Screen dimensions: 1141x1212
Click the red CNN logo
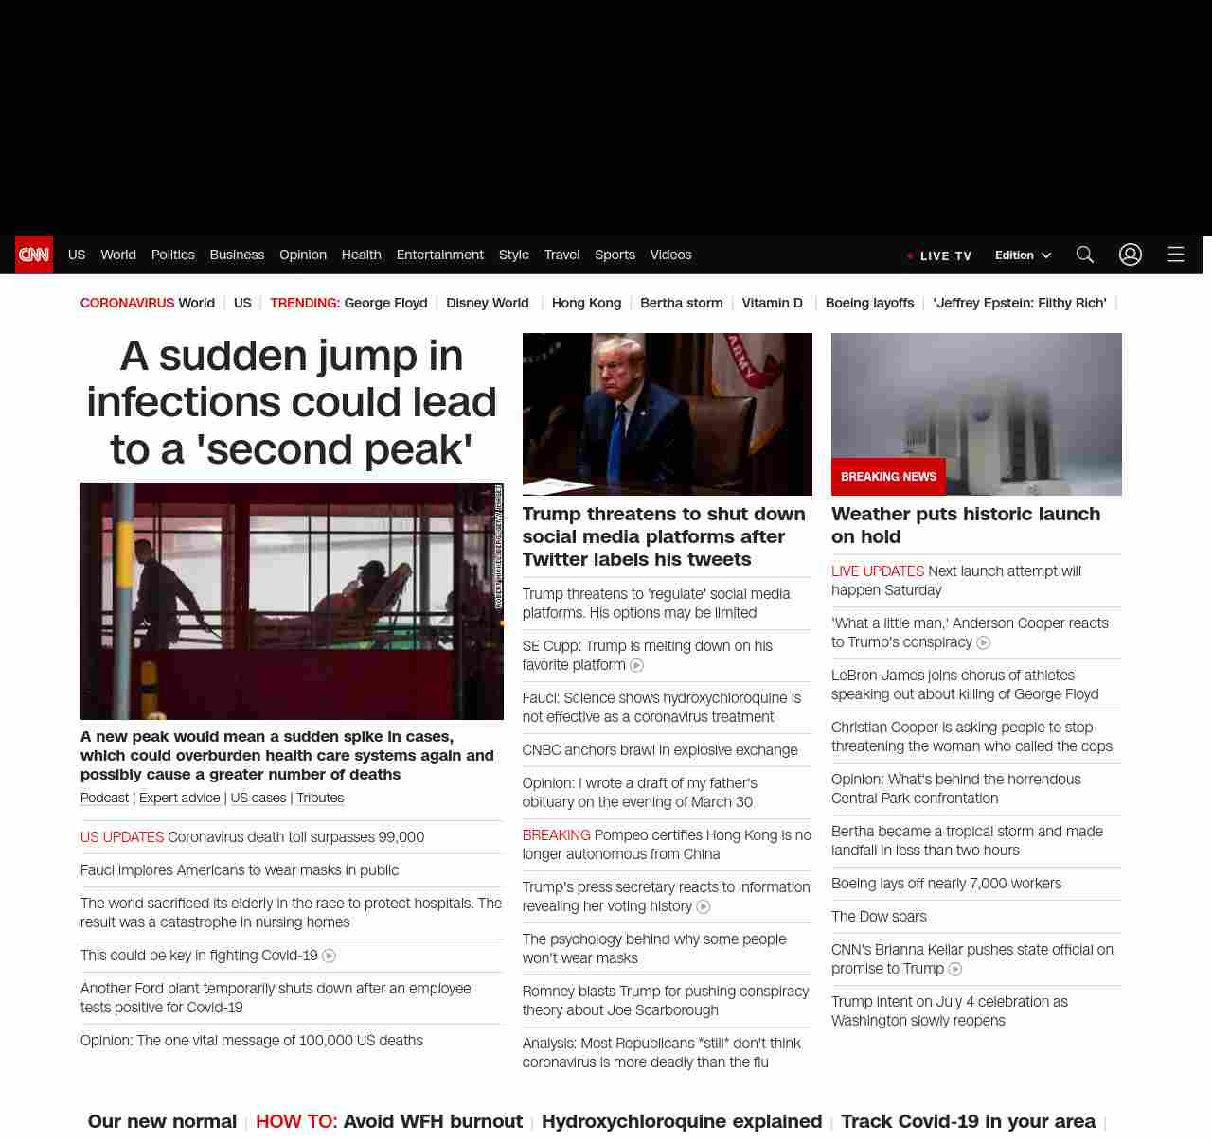click(34, 255)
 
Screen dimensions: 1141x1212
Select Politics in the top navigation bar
click(172, 255)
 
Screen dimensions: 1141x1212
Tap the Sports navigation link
click(615, 255)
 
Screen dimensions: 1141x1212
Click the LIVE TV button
click(940, 255)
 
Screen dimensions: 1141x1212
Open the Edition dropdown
click(1023, 255)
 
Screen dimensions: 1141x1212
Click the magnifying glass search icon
click(1084, 255)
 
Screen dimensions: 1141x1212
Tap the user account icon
click(1130, 255)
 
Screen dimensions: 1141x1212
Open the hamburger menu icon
click(1175, 255)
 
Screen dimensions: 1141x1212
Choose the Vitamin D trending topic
click(772, 303)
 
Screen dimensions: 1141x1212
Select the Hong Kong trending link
click(586, 303)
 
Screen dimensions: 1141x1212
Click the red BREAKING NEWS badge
click(888, 477)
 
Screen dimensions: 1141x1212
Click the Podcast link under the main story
click(104, 798)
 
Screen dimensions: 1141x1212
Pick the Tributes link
click(320, 798)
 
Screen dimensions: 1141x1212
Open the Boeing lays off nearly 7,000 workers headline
click(946, 883)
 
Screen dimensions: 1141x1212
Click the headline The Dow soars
click(879, 916)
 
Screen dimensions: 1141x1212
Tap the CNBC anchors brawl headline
click(660, 749)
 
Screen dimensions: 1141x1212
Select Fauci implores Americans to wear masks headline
click(240, 869)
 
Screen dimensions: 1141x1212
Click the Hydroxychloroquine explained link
click(682, 1121)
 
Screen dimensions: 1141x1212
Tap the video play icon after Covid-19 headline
click(329, 956)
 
